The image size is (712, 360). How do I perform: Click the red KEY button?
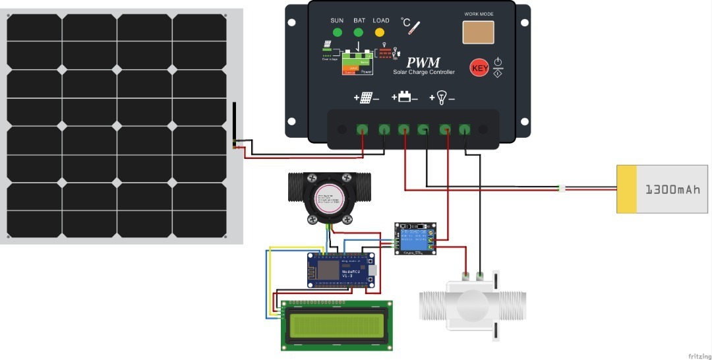pyautogui.click(x=479, y=67)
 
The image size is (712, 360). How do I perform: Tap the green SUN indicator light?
pyautogui.click(x=337, y=32)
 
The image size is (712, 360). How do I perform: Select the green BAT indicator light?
pyautogui.click(x=359, y=32)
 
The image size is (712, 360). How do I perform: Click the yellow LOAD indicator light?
pyautogui.click(x=381, y=32)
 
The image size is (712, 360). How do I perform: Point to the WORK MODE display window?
pyautogui.click(x=478, y=32)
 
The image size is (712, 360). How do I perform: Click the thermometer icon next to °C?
pyautogui.click(x=414, y=28)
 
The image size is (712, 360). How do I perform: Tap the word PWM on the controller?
pyautogui.click(x=423, y=63)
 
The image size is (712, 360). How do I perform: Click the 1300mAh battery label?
pyautogui.click(x=672, y=189)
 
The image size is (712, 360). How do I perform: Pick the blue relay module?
pyautogui.click(x=415, y=239)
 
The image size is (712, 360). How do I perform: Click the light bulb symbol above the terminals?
pyautogui.click(x=442, y=98)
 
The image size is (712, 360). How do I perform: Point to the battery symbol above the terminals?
pyautogui.click(x=405, y=97)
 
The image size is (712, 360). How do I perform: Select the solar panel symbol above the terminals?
pyautogui.click(x=367, y=98)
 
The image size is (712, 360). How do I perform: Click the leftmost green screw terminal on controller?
pyautogui.click(x=362, y=129)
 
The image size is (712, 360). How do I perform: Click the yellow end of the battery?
pyautogui.click(x=627, y=189)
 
